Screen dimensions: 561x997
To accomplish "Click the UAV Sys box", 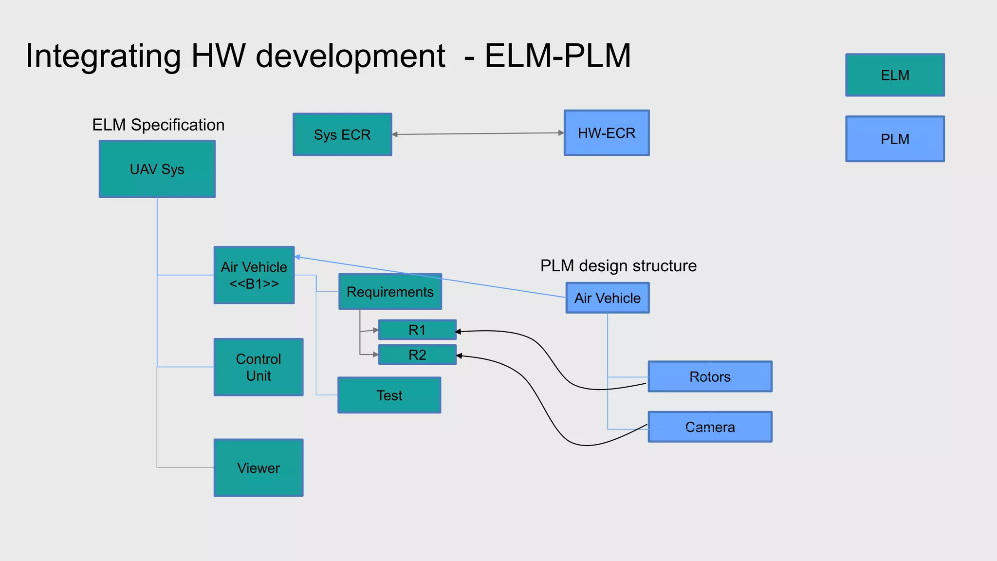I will pos(157,169).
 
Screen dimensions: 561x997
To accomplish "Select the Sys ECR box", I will pos(342,134).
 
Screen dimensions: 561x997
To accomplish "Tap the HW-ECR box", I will pos(607,133).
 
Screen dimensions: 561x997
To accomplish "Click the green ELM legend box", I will pos(895,75).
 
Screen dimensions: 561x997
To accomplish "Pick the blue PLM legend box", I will pos(895,139).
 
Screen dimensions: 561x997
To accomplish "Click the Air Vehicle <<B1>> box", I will pos(254,275).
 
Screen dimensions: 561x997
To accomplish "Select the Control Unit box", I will pos(258,367).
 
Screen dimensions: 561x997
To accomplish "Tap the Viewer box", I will pos(258,468).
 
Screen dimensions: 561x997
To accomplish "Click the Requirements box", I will pos(390,292).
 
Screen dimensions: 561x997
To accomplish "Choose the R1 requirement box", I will pos(417,330).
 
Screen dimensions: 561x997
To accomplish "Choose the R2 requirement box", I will pos(417,355).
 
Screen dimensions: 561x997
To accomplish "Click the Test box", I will pos(389,395).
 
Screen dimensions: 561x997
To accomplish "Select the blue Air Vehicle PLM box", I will pos(608,298).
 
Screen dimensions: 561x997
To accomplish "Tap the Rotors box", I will pos(710,376).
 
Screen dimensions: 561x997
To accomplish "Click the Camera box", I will pos(710,427).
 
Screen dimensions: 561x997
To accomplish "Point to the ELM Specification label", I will pos(158,125).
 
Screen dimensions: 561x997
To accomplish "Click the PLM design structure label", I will pos(618,266).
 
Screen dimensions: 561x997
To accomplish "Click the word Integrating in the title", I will pos(103,56).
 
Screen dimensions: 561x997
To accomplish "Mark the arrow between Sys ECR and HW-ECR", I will pos(477,133).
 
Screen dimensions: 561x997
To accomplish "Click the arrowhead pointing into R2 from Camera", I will pos(459,356).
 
